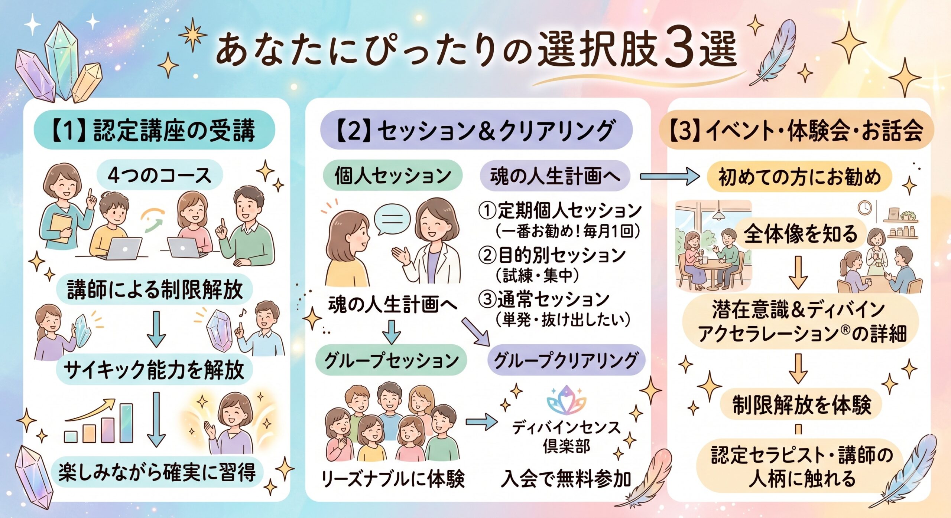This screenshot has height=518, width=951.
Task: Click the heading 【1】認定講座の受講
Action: [154, 130]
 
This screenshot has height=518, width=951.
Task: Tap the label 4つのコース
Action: [160, 175]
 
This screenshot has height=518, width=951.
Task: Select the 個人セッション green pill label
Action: [393, 175]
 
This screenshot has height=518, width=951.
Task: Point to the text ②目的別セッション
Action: [552, 255]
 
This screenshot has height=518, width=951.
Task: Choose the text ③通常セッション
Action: [544, 300]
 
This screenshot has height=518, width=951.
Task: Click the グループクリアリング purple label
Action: [566, 360]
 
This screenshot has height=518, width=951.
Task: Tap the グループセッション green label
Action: [392, 360]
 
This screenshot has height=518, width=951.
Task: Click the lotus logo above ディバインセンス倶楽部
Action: [566, 400]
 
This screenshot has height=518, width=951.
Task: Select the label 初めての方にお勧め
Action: [799, 177]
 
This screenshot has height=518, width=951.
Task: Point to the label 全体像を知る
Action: [800, 233]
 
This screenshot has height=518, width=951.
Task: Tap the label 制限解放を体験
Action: [801, 404]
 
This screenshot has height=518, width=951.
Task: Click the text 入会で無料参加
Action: [566, 479]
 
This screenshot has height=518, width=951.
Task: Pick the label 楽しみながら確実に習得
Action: [157, 472]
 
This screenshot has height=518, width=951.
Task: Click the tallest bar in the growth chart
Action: [126, 423]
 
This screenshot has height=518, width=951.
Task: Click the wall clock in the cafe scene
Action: [864, 208]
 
